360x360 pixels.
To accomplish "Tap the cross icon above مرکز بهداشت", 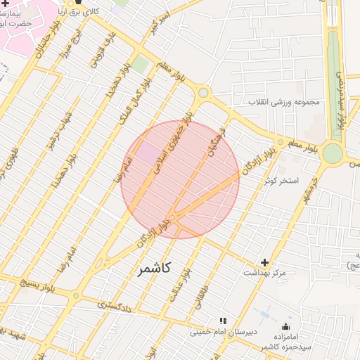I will click(x=264, y=262).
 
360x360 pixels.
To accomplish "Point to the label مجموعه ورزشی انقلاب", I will click(x=284, y=101).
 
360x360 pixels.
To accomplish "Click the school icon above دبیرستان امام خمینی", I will click(x=224, y=321).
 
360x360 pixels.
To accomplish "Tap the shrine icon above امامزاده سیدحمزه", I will click(x=285, y=326).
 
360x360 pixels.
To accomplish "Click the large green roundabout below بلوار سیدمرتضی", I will click(x=333, y=153).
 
